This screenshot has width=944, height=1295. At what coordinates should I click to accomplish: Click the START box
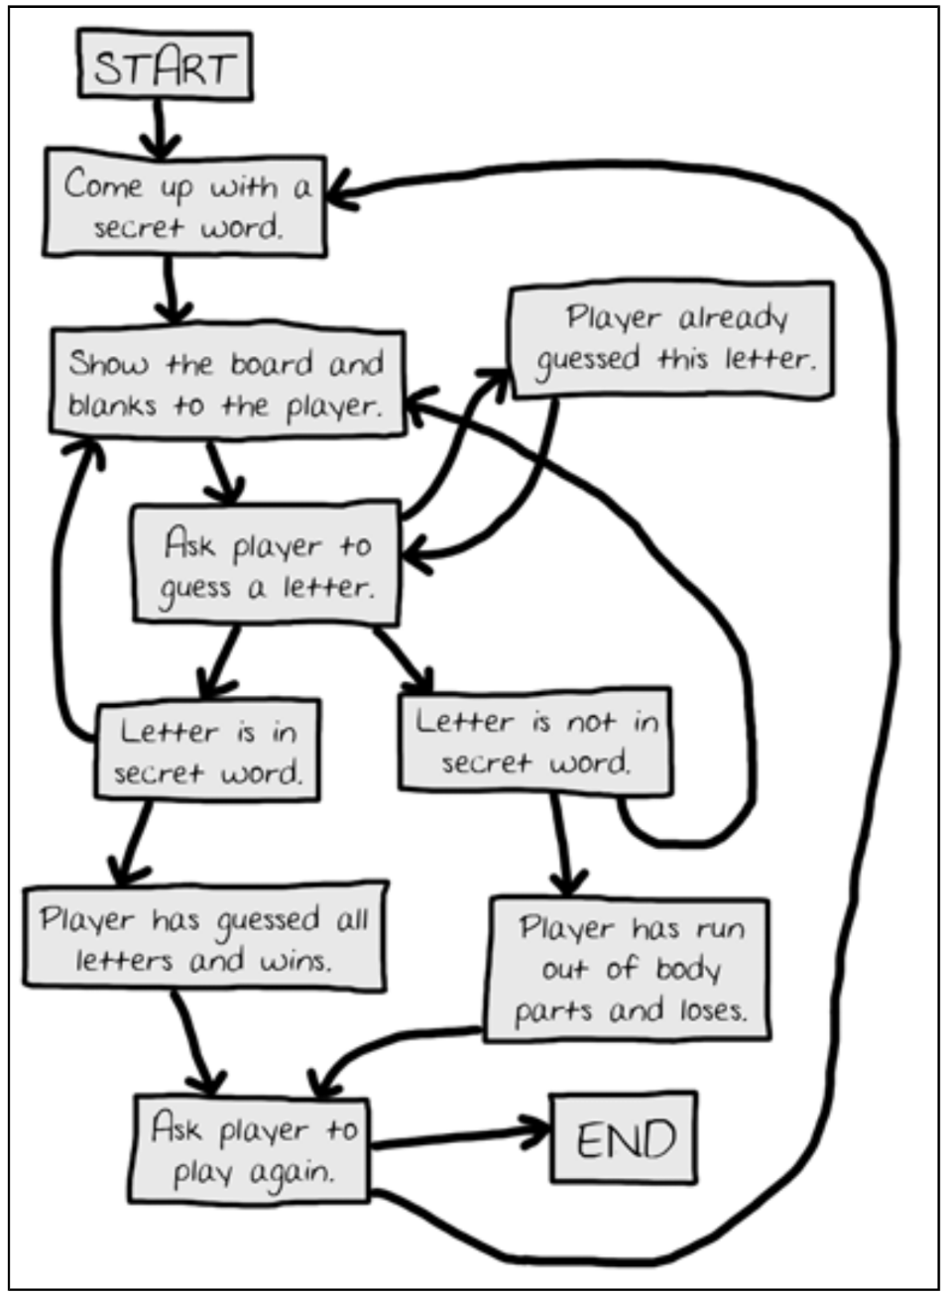[166, 66]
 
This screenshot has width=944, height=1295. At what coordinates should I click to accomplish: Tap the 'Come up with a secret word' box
[185, 205]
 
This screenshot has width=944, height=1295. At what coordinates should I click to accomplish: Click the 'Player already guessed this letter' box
[671, 339]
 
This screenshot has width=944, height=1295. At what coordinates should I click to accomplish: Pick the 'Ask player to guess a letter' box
[266, 565]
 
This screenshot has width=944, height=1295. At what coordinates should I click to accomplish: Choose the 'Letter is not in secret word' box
[535, 741]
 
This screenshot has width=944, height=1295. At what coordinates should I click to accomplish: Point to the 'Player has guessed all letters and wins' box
[203, 938]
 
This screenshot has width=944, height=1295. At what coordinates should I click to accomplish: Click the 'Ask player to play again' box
[252, 1149]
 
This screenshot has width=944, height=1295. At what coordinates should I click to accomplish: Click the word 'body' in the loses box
[686, 969]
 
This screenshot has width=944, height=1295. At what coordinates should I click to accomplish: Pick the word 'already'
[734, 319]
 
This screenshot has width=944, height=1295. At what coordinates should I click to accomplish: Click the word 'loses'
[712, 1010]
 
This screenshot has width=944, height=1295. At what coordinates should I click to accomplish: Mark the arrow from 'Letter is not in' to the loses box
[563, 843]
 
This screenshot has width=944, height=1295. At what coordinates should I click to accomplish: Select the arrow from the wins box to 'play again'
[195, 1041]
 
